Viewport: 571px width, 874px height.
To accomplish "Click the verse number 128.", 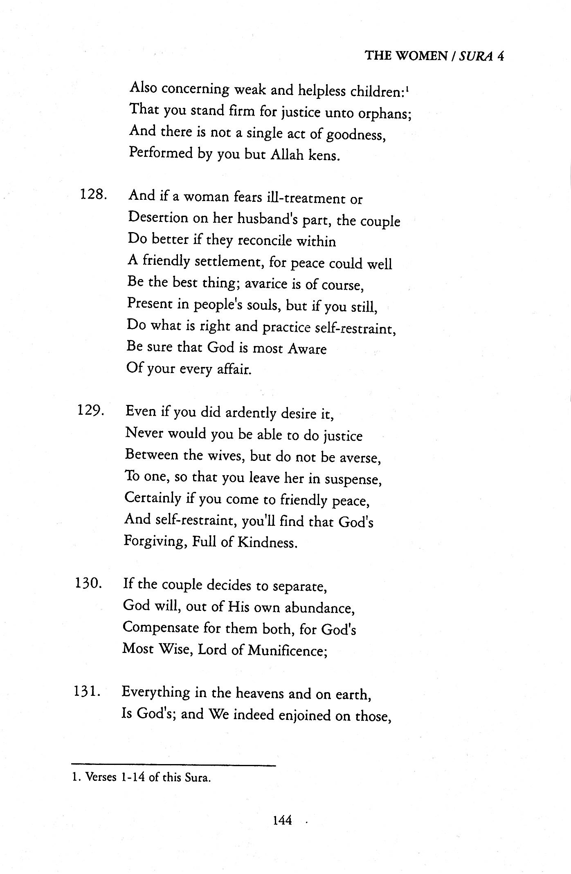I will coord(94,195).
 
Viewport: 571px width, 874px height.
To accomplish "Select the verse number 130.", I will coord(88,583).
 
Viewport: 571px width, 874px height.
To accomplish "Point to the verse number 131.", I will coord(88,691).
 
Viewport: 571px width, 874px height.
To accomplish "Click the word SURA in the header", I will coord(474,56).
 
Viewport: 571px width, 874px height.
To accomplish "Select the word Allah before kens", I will coord(289,156).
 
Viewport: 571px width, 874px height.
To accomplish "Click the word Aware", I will coord(307,349).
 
